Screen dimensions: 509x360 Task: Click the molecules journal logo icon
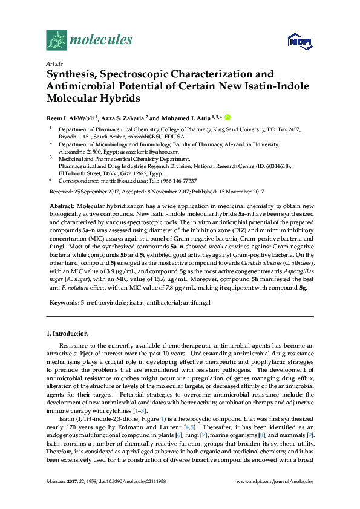56,41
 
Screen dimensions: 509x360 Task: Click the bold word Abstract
61,206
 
